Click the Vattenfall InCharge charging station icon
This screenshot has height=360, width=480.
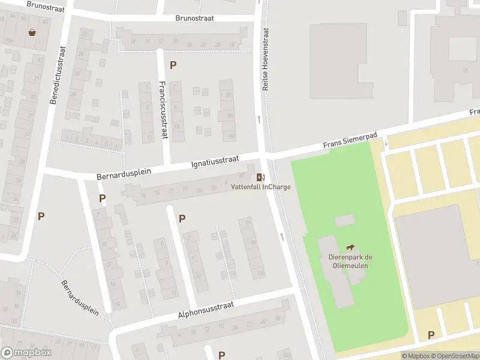point(260,177)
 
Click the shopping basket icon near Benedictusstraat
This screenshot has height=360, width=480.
point(31,32)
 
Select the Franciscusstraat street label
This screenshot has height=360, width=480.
point(163,110)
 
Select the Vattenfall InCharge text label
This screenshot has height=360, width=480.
point(261,187)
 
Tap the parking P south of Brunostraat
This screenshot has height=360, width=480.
point(173,65)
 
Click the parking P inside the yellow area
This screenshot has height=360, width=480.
point(431,335)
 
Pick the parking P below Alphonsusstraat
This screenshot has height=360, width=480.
point(221,355)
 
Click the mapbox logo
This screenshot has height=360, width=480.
point(26,353)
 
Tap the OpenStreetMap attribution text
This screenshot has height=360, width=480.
point(454,356)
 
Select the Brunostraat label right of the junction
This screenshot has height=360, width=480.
point(194,19)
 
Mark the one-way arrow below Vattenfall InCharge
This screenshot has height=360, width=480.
point(281,236)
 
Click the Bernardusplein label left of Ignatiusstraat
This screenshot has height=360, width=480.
point(124,173)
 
